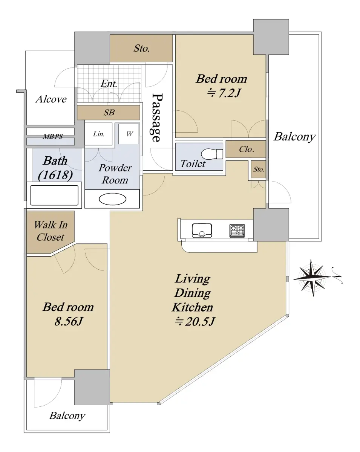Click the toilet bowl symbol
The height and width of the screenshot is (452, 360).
[211, 154]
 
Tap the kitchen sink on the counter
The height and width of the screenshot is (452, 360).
[202, 231]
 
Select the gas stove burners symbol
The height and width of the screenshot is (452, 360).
[237, 231]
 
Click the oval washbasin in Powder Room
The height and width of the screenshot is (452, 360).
[112, 199]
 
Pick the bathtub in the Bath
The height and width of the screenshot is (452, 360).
[54, 195]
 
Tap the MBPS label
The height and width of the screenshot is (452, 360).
[53, 136]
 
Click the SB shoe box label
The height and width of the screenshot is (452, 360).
[109, 113]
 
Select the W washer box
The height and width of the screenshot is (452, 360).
[129, 134]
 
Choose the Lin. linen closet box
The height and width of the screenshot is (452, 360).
[98, 134]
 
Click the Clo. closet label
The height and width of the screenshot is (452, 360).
[247, 149]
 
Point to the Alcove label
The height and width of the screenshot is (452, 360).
[51, 99]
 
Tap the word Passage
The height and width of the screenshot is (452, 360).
[157, 118]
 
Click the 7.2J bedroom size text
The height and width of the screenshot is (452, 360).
[224, 93]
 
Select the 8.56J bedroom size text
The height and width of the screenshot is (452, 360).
[69, 321]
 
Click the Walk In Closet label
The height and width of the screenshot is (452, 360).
[51, 231]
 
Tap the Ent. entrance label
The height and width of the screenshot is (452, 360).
[109, 84]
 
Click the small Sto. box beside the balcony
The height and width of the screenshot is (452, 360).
[259, 169]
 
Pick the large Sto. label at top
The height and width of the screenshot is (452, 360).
[142, 49]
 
